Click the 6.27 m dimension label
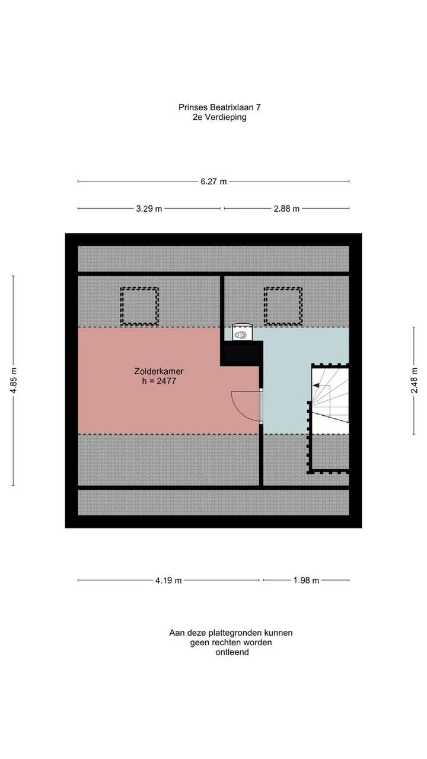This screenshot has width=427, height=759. [213, 181]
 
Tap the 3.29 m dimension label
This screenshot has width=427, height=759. [149, 208]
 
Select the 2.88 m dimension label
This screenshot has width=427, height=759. [286, 208]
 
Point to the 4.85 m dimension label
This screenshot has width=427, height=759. [13, 381]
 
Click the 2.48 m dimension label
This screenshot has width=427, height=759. [414, 381]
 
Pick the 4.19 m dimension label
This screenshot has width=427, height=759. [169, 580]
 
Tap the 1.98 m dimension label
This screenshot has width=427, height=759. [307, 580]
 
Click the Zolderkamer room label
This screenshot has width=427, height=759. [159, 371]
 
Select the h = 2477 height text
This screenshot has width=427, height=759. [159, 381]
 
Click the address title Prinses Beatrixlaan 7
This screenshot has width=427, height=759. [219, 107]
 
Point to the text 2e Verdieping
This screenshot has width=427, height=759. [219, 117]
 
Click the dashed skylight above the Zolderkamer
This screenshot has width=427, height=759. [139, 306]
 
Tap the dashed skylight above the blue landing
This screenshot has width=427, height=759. [283, 306]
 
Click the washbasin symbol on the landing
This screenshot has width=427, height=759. [243, 332]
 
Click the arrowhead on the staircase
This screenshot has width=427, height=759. [316, 385]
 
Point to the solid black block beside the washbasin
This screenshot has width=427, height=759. [241, 353]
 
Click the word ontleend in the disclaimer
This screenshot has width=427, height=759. [232, 652]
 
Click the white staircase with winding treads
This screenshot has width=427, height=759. [330, 400]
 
